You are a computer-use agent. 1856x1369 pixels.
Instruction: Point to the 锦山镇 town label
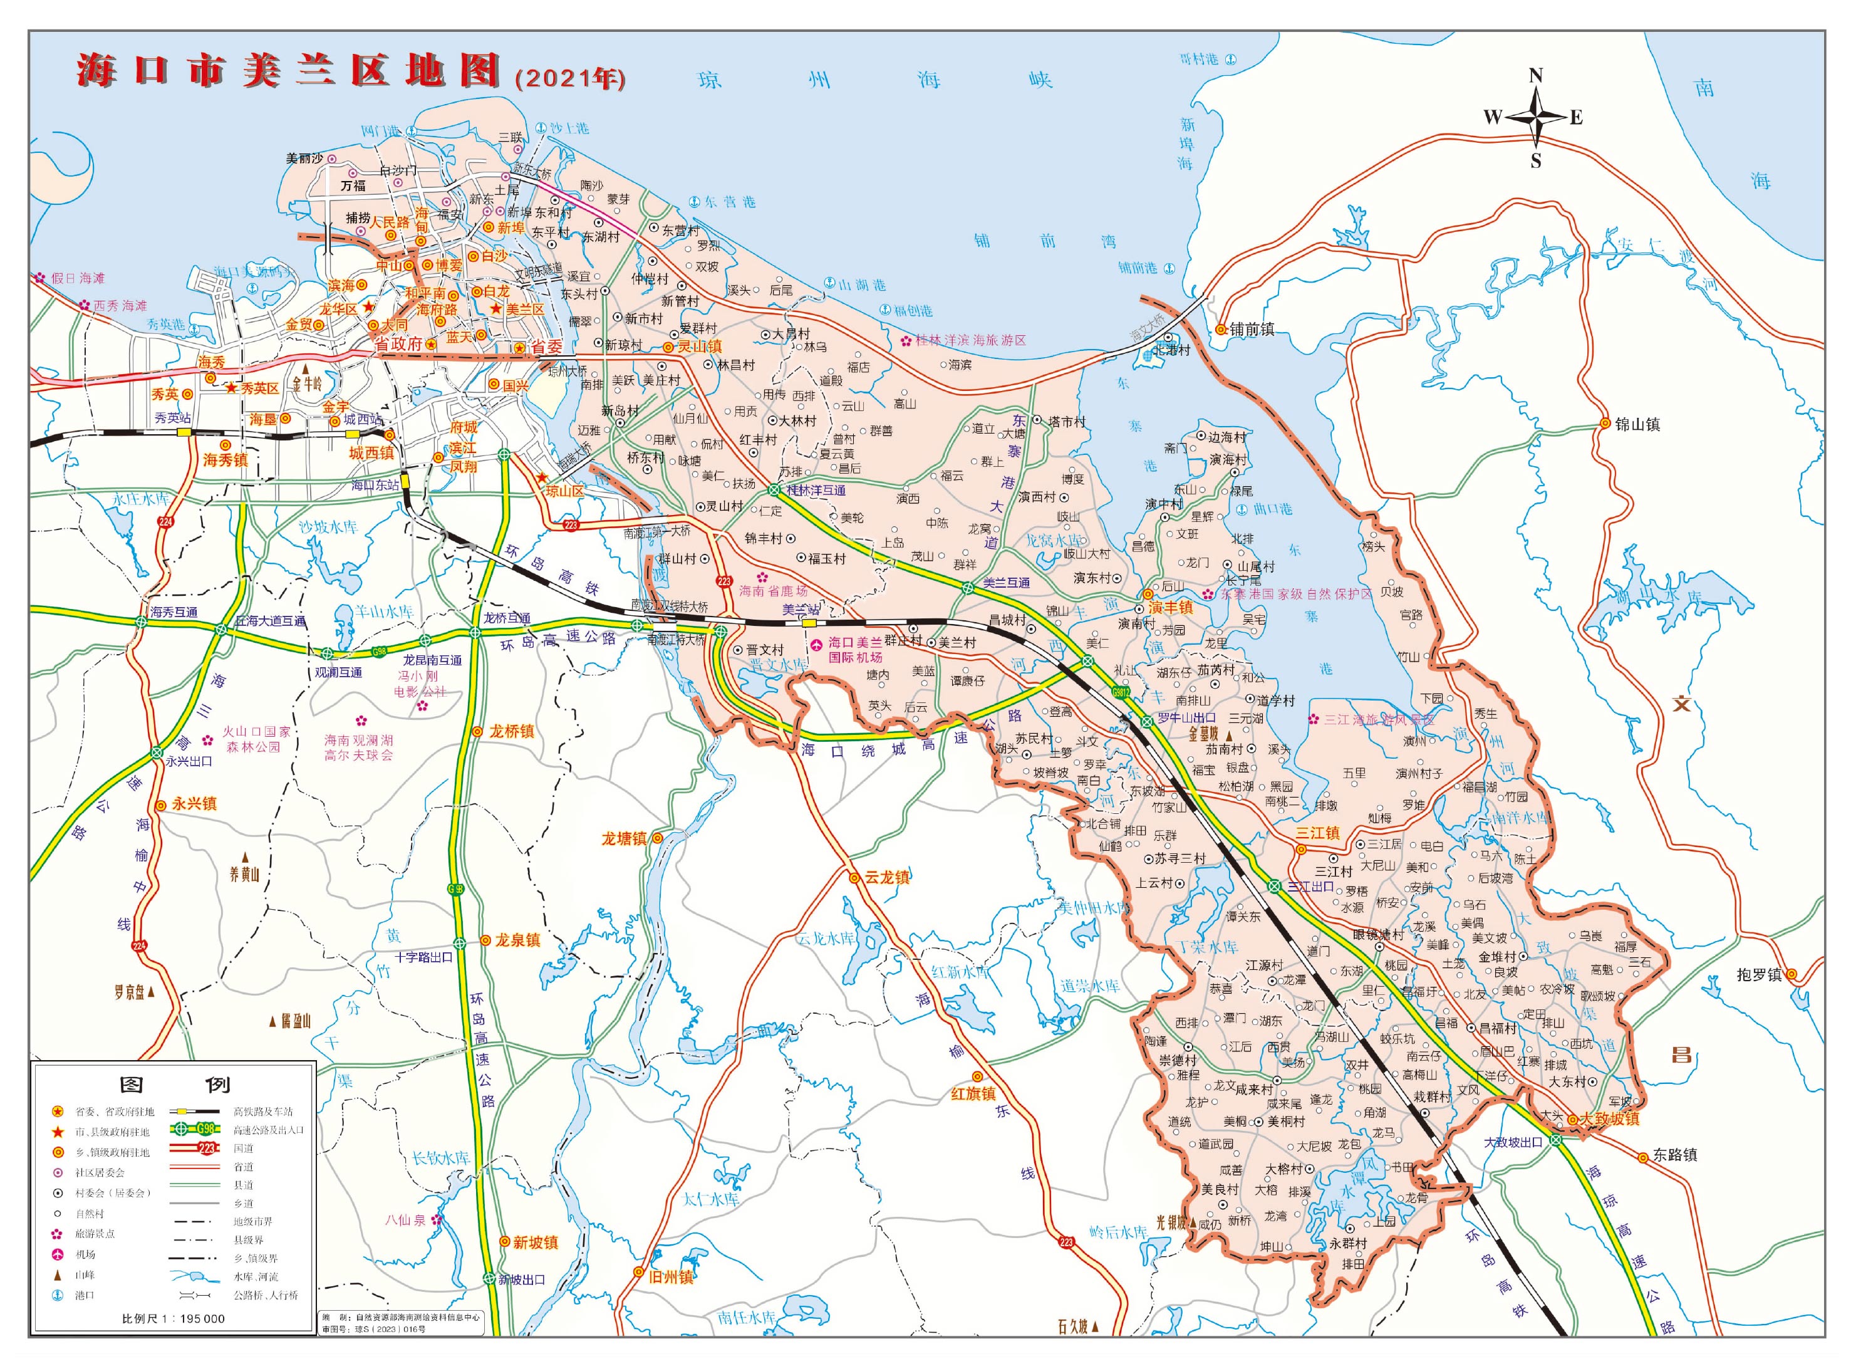point(1637,424)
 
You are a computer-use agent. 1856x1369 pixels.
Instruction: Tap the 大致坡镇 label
point(1609,1119)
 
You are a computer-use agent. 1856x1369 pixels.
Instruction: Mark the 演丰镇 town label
point(1170,607)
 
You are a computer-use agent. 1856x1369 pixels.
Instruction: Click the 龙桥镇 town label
point(511,731)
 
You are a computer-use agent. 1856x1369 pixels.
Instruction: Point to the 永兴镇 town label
point(194,804)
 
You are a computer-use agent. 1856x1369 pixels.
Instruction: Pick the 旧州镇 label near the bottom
point(670,1277)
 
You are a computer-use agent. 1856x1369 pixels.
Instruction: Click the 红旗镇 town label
point(973,1094)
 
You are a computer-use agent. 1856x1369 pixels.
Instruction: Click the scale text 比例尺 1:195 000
point(173,1318)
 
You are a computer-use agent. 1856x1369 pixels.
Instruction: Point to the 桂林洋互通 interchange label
point(816,491)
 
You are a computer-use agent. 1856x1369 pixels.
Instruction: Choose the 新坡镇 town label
point(536,1242)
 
